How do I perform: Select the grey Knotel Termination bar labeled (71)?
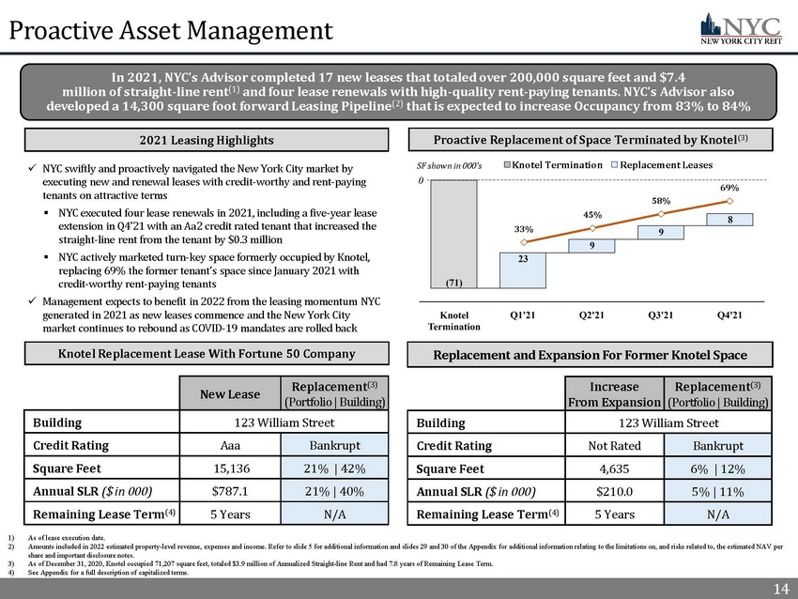tap(453, 235)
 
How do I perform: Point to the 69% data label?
tap(730, 189)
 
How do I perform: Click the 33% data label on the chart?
tap(523, 228)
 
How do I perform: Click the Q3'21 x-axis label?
tap(662, 315)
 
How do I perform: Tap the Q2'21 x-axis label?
tap(592, 315)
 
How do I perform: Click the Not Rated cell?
tap(615, 444)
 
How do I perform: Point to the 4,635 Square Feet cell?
tap(615, 467)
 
